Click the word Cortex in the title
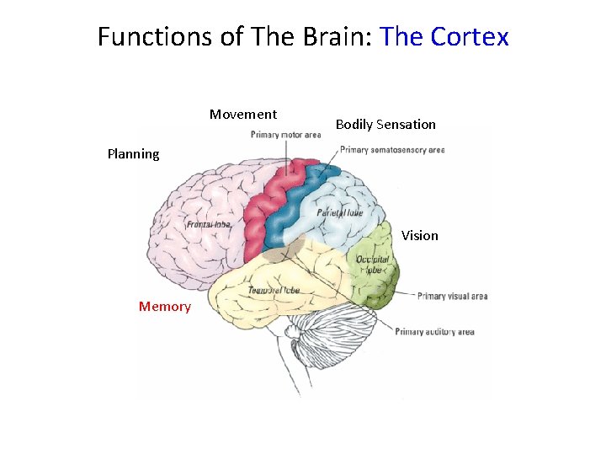coord(470,37)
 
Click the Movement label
coord(243,115)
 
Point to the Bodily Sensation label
coord(385,125)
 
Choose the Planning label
coord(133,154)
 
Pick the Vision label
coord(419,236)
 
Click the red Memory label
coord(165,307)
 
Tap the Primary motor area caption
coord(285,135)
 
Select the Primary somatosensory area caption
coord(392,150)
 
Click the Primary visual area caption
coord(452,296)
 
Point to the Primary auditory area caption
coord(434,332)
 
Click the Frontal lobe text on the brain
coord(209,225)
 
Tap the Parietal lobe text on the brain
coord(341,213)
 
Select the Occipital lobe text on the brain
coord(373,266)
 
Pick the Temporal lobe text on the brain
coord(274,291)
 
